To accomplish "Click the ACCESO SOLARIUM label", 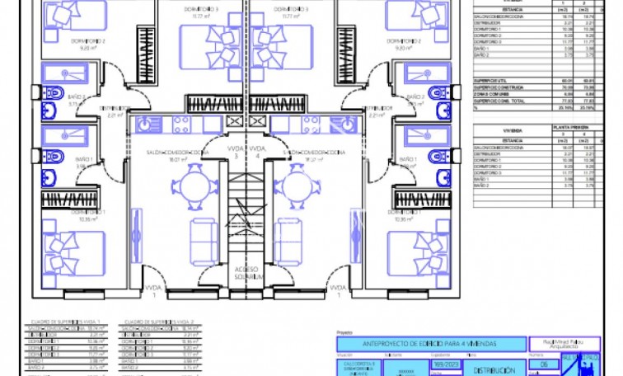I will (x=246, y=273).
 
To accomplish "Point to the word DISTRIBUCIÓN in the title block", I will (x=499, y=370).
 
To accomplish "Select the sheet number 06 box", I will (x=542, y=364).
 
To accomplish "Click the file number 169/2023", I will (x=442, y=364).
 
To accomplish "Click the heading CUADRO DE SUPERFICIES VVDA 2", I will (x=158, y=322).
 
